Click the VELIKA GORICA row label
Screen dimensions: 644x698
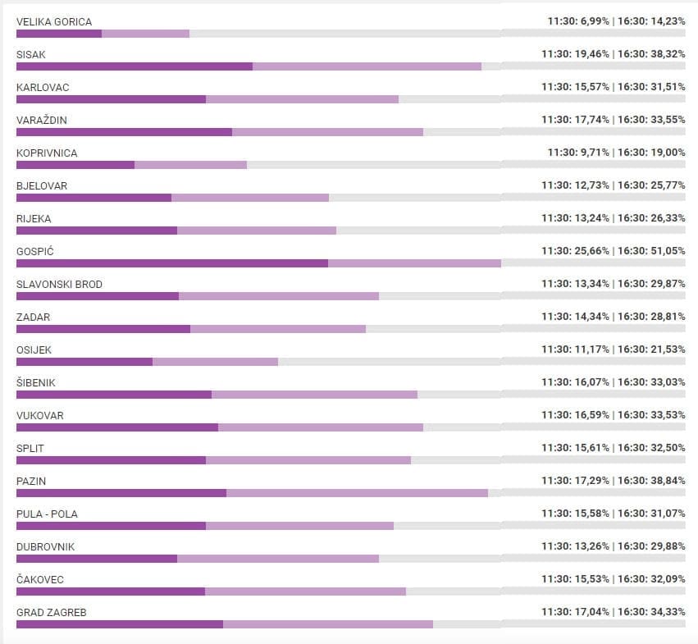point(54,21)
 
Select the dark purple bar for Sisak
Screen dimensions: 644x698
point(135,66)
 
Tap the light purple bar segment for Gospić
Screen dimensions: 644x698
point(414,263)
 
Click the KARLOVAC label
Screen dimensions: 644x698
point(43,87)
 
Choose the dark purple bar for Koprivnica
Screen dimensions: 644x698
point(75,165)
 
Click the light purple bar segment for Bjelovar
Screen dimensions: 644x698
point(250,198)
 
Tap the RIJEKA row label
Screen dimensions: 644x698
point(34,218)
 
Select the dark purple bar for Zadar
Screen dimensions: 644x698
point(103,329)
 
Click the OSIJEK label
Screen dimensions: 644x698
point(34,349)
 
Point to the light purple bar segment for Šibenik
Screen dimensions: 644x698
point(314,395)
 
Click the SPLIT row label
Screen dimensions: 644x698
point(30,448)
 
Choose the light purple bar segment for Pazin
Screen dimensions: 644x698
point(357,493)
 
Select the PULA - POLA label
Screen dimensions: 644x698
point(47,514)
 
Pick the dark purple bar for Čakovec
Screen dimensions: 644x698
point(111,591)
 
